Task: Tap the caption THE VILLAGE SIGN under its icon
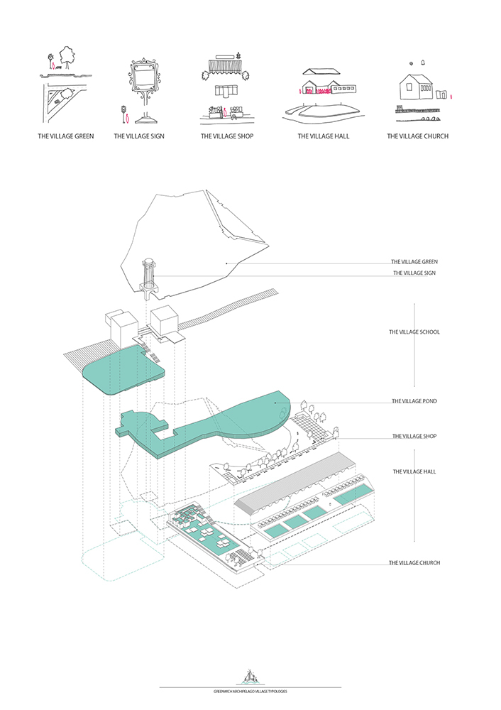tap(139, 136)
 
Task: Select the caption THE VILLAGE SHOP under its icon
tap(227, 136)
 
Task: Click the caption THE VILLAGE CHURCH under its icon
tap(417, 136)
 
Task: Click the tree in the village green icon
tap(68, 55)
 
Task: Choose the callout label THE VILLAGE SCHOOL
tap(414, 332)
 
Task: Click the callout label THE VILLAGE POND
tap(414, 401)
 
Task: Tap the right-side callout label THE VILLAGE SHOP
tap(414, 436)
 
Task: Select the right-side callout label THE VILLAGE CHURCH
tap(414, 563)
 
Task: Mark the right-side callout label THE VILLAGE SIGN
tap(414, 273)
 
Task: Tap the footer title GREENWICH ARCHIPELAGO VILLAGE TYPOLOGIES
tap(250, 691)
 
